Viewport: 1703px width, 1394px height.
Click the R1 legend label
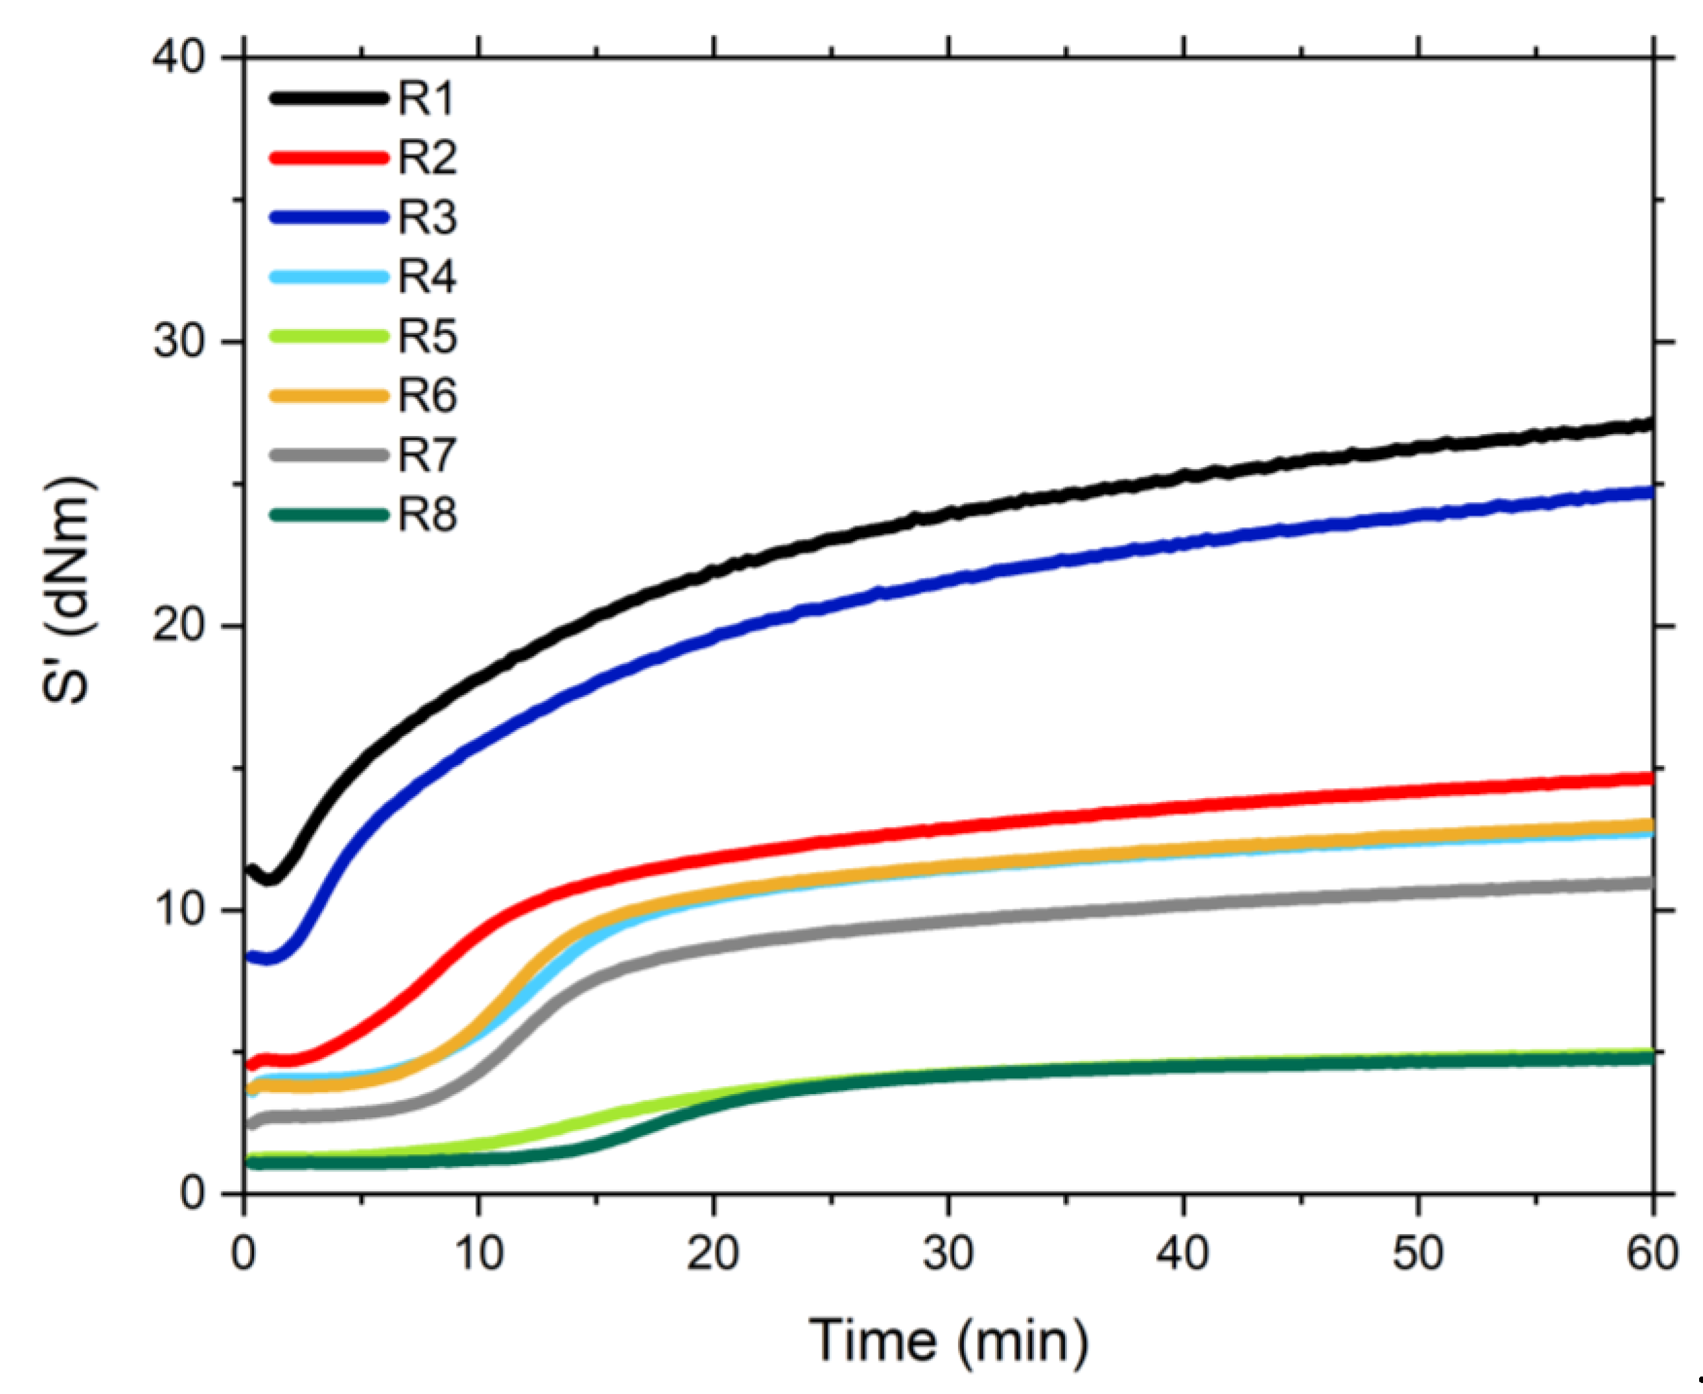point(427,98)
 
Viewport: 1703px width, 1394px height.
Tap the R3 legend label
point(427,217)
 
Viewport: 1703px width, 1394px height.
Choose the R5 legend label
point(427,336)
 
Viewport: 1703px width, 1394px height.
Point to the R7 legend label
point(427,455)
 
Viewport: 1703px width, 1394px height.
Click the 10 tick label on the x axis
point(479,1253)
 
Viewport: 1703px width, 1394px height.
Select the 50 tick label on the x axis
point(1419,1253)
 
